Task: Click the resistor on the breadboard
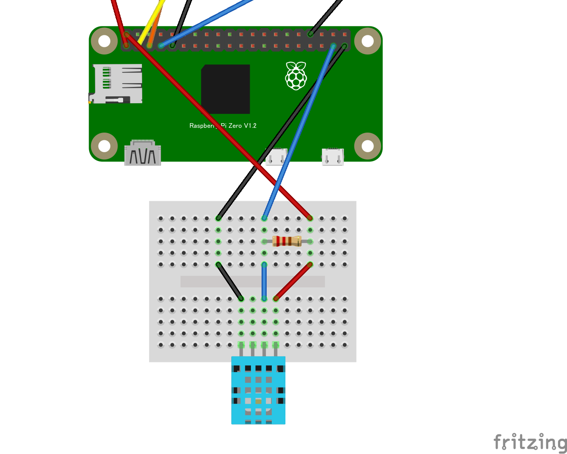287,241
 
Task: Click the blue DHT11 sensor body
258,390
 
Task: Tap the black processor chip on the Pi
225,89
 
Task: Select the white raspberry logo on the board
296,76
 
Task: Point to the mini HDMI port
142,153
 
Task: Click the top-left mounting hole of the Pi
104,41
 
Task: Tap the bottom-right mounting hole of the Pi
367,146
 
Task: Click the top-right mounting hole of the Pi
367,41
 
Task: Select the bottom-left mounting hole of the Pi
104,146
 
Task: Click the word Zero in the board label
235,126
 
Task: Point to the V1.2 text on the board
250,126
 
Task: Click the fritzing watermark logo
530,442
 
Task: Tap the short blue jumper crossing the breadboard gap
264,281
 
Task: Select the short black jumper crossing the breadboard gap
230,281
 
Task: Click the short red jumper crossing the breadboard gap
293,281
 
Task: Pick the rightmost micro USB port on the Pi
333,157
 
